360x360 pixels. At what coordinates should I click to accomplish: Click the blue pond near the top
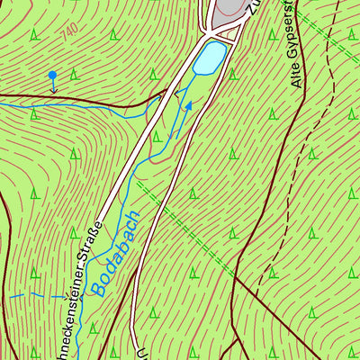click(x=210, y=58)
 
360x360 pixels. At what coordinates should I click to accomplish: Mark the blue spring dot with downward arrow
click(x=52, y=76)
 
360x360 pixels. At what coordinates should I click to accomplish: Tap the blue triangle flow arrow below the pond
click(x=189, y=106)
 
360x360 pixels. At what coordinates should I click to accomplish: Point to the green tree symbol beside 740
click(x=34, y=36)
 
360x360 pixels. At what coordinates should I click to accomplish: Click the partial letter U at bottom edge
click(x=141, y=353)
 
